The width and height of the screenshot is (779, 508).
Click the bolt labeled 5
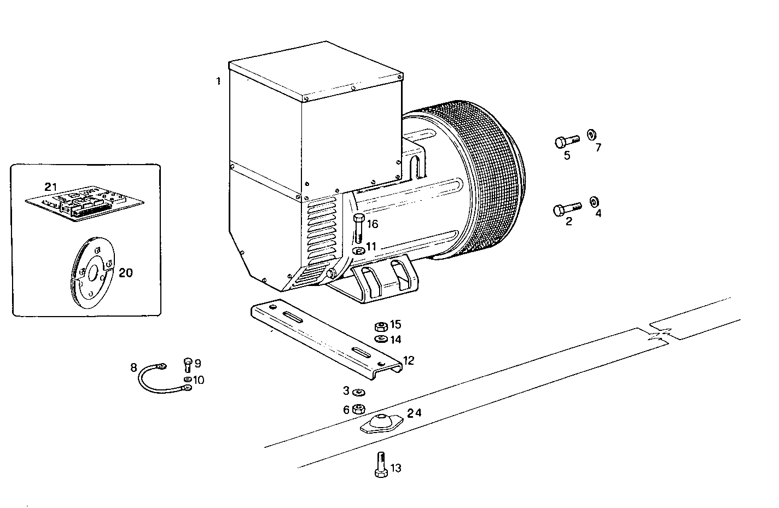click(566, 142)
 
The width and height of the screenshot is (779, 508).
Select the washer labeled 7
click(591, 135)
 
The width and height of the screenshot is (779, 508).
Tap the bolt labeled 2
click(566, 209)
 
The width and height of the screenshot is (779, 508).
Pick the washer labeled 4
click(594, 202)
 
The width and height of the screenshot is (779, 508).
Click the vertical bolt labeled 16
click(358, 229)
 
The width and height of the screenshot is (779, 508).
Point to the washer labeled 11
click(359, 250)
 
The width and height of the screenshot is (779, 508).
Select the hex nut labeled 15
click(381, 326)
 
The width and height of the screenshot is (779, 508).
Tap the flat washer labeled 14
click(381, 339)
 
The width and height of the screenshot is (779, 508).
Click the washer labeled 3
click(359, 392)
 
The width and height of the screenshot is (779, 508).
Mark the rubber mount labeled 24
click(381, 423)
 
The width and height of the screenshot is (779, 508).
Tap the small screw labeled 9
click(188, 364)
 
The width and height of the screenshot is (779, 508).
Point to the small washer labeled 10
click(188, 379)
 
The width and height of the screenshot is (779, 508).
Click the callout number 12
click(409, 361)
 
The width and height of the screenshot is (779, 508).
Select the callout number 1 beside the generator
click(218, 81)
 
